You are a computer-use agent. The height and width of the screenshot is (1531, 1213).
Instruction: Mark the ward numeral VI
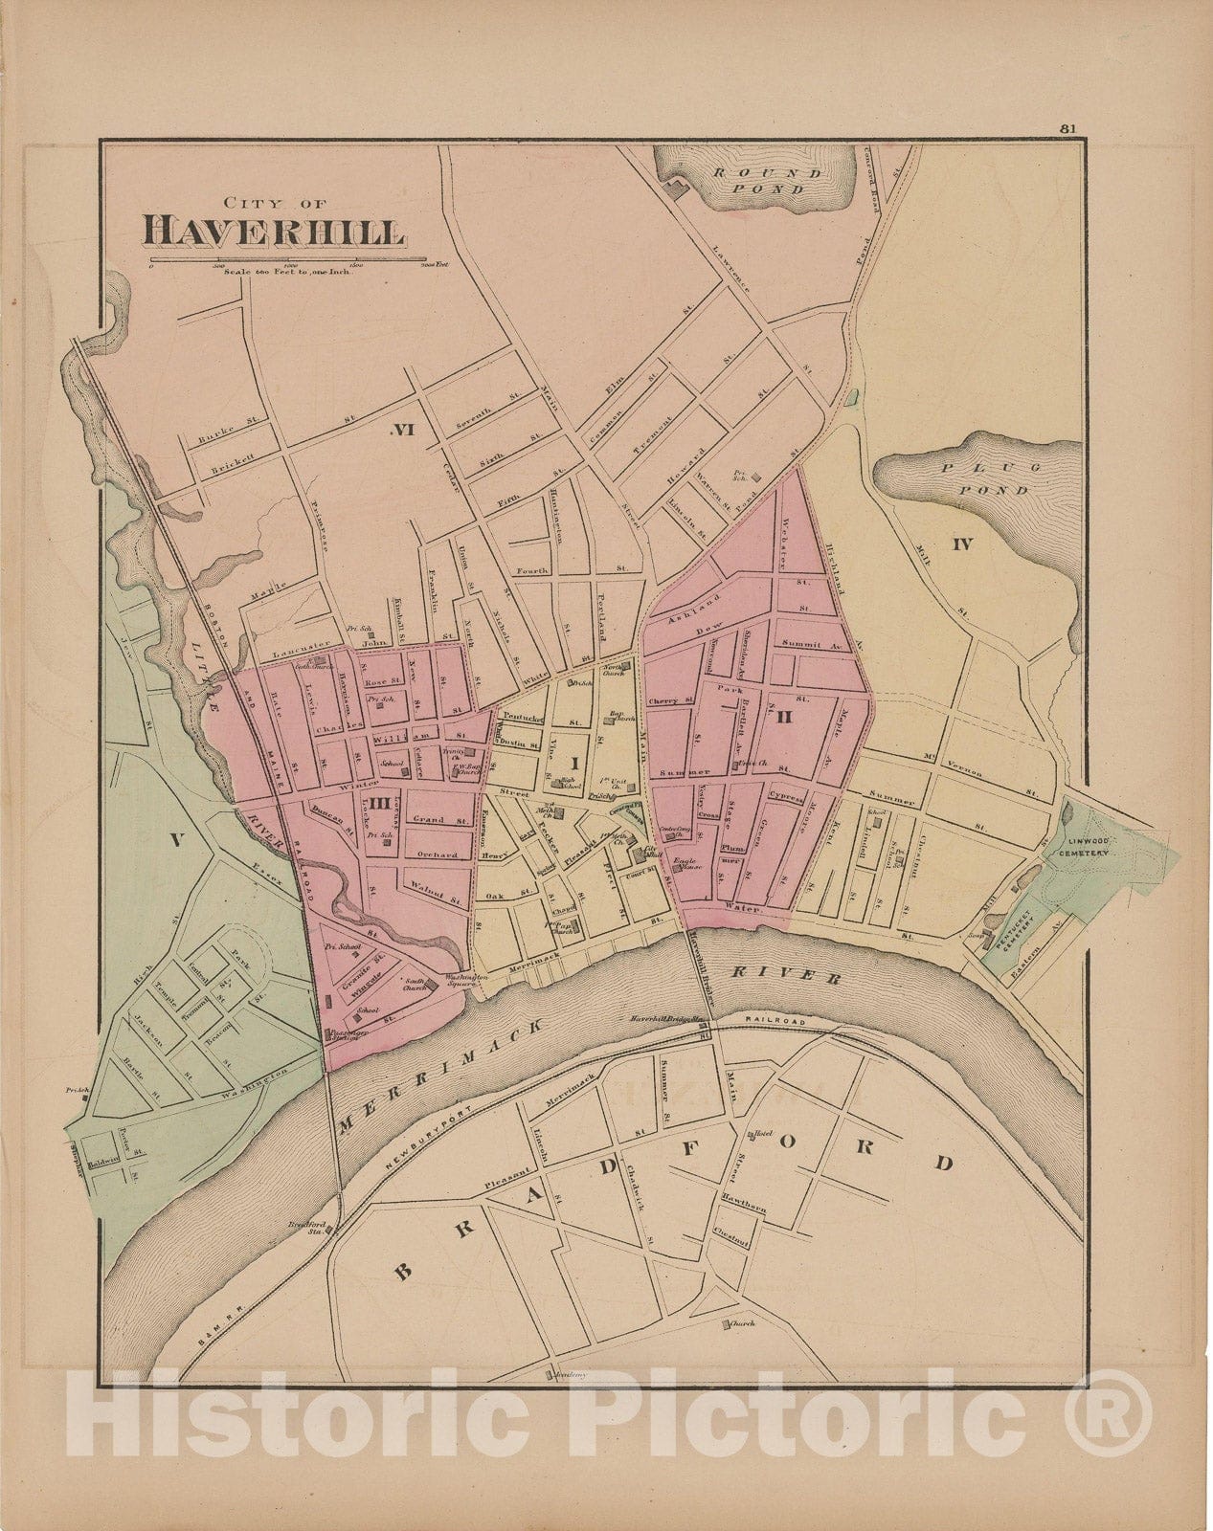pos(403,430)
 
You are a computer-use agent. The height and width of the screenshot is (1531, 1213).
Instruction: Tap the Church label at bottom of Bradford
pos(742,1324)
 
